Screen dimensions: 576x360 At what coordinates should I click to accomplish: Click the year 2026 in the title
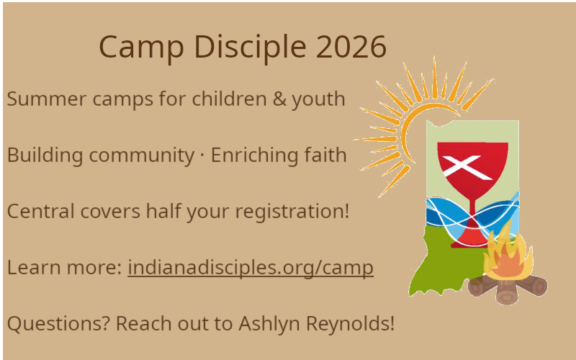pyautogui.click(x=351, y=46)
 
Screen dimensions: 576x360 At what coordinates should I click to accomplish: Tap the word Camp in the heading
pyautogui.click(x=141, y=48)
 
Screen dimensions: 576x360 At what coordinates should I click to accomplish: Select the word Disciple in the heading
pyautogui.click(x=250, y=48)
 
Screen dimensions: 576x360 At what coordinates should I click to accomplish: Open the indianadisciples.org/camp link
pyautogui.click(x=251, y=268)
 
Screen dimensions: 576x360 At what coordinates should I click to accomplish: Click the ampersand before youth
pyautogui.click(x=279, y=99)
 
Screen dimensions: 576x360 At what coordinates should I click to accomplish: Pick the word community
pyautogui.click(x=142, y=156)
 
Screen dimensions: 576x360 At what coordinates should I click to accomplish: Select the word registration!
pyautogui.click(x=292, y=212)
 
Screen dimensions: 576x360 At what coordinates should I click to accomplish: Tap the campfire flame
pyautogui.click(x=508, y=253)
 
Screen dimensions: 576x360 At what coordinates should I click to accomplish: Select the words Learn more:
pyautogui.click(x=64, y=267)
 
